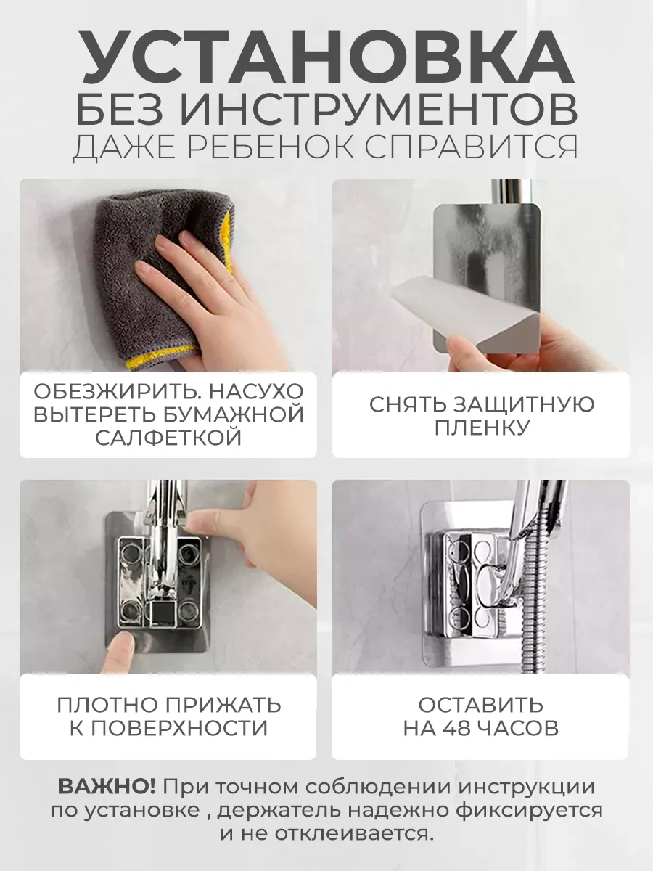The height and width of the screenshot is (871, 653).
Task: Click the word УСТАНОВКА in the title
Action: click(x=327, y=60)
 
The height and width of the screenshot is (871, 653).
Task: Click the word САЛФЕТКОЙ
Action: click(x=168, y=438)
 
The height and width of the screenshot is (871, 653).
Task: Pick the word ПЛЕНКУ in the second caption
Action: click(x=482, y=428)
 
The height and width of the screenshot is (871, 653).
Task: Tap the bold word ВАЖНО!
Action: click(x=107, y=787)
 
